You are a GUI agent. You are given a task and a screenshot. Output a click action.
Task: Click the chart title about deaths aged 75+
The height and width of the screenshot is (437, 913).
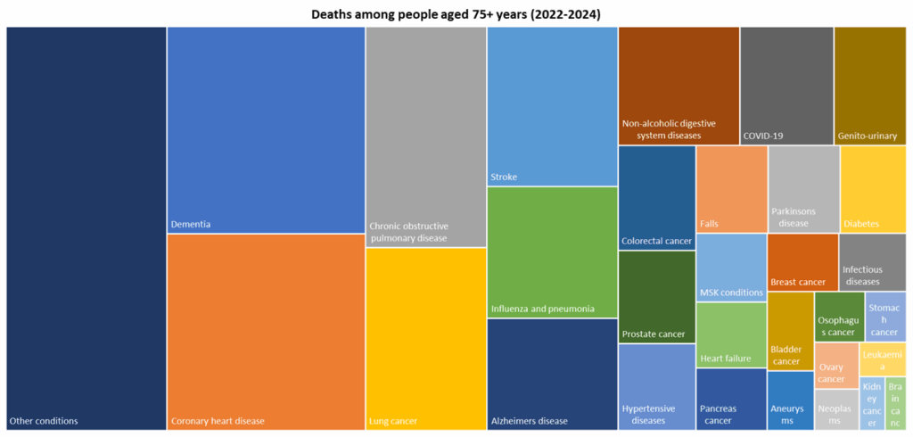click(x=456, y=14)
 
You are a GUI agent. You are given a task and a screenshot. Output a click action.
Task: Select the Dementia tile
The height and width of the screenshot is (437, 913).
click(x=266, y=129)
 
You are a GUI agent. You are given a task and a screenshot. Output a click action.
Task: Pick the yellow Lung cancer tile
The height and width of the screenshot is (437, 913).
click(x=425, y=339)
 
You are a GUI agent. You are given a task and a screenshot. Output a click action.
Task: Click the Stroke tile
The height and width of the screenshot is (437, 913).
click(x=552, y=105)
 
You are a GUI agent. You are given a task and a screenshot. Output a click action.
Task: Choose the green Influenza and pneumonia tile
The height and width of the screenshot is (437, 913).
click(x=552, y=251)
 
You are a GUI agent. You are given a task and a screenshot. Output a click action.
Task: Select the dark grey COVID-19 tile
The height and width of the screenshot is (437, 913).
click(x=786, y=85)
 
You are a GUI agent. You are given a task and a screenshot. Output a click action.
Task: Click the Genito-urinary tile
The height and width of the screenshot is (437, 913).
click(x=869, y=85)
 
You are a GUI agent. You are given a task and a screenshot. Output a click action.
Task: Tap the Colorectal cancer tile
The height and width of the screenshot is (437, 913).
click(x=656, y=197)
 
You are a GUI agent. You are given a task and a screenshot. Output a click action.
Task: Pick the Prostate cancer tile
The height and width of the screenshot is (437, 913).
click(x=656, y=297)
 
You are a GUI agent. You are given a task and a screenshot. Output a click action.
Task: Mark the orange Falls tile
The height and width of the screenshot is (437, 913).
click(x=731, y=188)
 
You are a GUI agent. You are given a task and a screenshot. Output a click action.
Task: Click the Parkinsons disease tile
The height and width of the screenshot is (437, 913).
click(x=802, y=188)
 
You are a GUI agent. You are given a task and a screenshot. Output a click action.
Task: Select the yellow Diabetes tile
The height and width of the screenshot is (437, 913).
click(x=873, y=188)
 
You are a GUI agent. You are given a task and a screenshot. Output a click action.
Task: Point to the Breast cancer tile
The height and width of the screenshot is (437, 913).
click(x=802, y=262)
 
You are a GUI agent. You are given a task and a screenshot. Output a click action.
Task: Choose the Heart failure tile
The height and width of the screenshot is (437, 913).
click(x=731, y=334)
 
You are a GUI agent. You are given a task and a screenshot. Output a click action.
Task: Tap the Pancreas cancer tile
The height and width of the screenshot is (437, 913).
click(x=731, y=399)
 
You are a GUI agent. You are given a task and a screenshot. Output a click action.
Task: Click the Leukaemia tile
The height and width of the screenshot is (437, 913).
click(x=884, y=359)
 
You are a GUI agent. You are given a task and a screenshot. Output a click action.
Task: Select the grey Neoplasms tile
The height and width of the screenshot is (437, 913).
click(x=835, y=410)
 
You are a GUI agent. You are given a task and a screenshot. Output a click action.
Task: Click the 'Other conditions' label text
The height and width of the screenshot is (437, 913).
click(x=44, y=421)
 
